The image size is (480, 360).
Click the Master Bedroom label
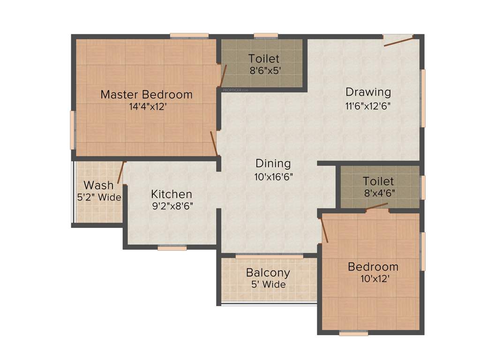tap(146, 94)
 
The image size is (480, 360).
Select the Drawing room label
tap(368, 91)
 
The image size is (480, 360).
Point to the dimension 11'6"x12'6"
tap(368, 105)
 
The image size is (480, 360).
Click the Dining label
tap(273, 164)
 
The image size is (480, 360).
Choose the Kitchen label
tap(171, 194)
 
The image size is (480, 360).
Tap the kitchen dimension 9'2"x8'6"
tap(172, 205)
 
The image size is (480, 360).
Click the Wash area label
tap(98, 185)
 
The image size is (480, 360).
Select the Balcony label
tap(268, 272)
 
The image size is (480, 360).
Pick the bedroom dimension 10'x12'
tap(373, 278)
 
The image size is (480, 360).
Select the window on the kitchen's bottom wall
tap(172, 248)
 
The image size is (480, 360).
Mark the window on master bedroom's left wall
tap(73, 130)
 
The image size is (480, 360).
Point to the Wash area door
tap(121, 172)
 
